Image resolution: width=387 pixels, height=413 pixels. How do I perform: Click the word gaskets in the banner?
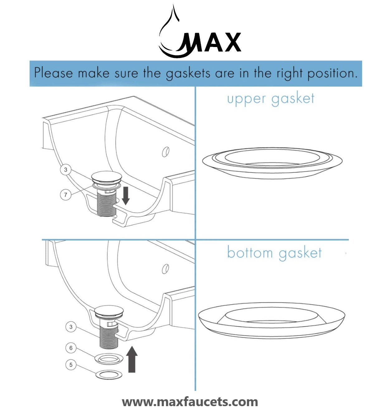(x=188, y=74)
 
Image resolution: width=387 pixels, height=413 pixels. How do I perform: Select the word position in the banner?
(x=332, y=74)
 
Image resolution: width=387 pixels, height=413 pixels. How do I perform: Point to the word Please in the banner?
(x=53, y=73)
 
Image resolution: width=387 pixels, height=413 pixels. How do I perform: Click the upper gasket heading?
(x=270, y=99)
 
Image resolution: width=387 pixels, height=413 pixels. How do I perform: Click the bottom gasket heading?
(x=274, y=253)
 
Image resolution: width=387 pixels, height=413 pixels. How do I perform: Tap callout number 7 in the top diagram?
(x=65, y=195)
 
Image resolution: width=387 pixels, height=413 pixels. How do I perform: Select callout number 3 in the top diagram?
(x=65, y=170)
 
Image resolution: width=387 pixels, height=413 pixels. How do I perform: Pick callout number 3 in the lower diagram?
(x=71, y=327)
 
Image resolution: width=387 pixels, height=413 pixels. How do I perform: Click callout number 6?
(x=71, y=348)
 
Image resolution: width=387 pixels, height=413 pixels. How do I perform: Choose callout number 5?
(x=71, y=364)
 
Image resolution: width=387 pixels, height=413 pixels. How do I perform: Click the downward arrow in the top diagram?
(x=126, y=196)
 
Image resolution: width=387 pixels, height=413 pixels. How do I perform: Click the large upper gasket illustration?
(x=272, y=163)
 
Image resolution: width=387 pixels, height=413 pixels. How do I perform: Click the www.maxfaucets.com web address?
(x=190, y=402)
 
